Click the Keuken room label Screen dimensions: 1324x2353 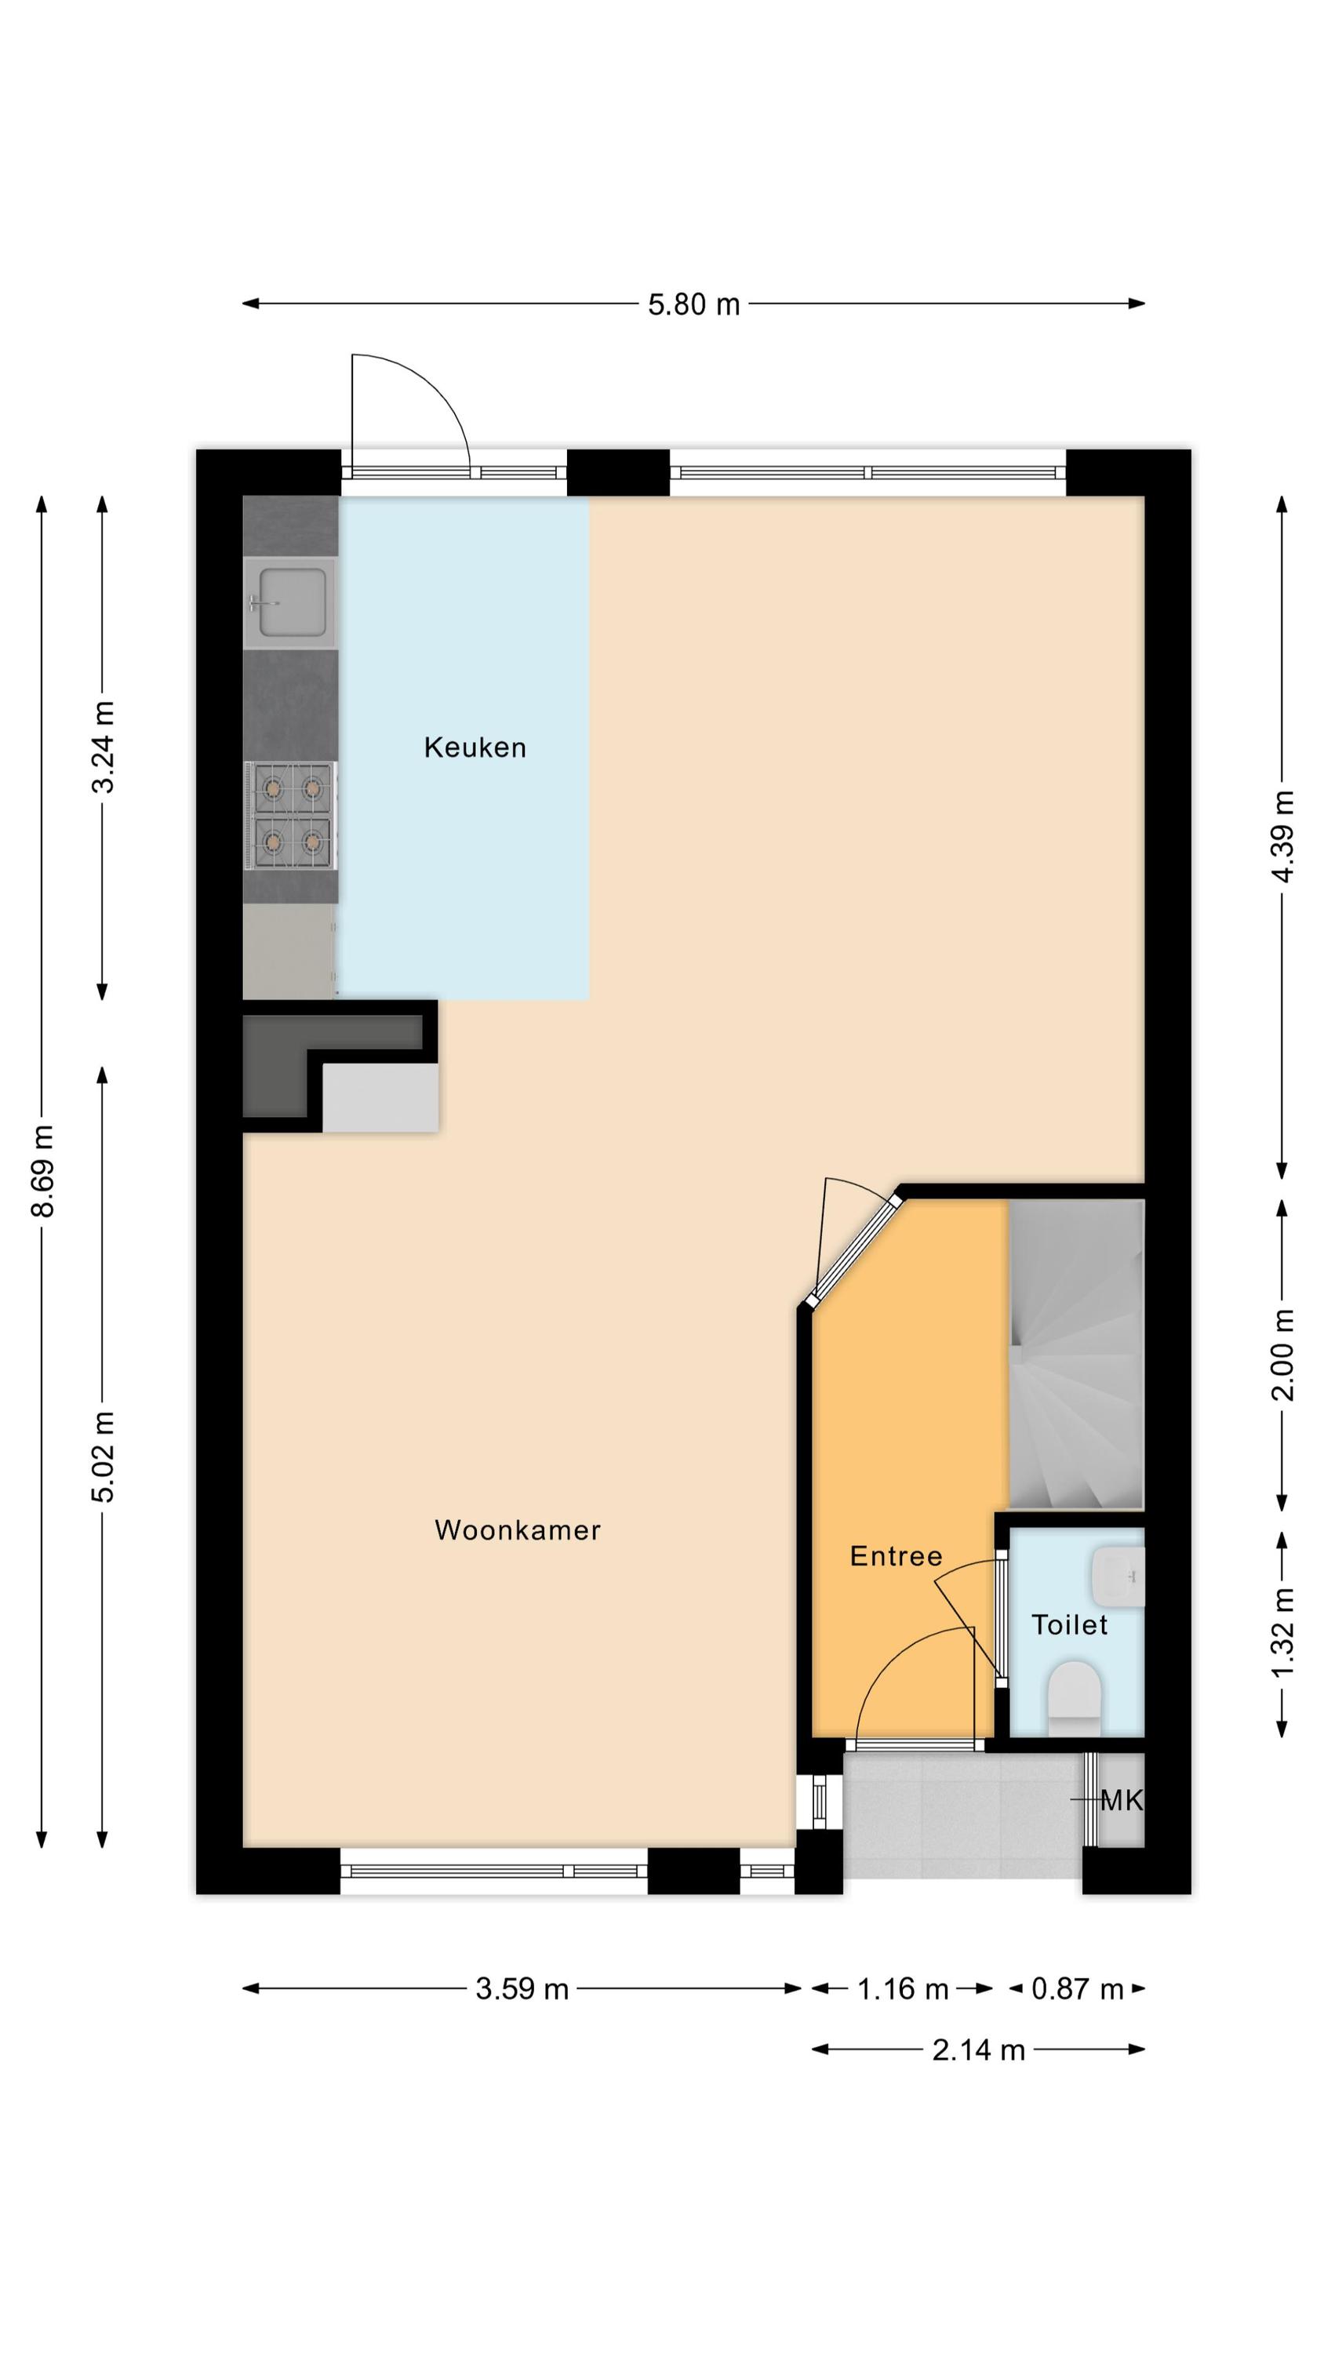point(475,747)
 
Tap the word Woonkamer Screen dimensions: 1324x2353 point(517,1530)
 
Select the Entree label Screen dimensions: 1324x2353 point(896,1555)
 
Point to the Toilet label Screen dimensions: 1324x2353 point(1069,1624)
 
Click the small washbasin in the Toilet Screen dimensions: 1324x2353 point(1117,1577)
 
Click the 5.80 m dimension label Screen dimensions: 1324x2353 point(693,304)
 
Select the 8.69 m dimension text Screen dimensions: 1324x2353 point(43,1171)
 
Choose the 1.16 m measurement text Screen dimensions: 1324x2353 point(902,1988)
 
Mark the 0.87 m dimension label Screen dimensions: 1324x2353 point(1076,1988)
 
